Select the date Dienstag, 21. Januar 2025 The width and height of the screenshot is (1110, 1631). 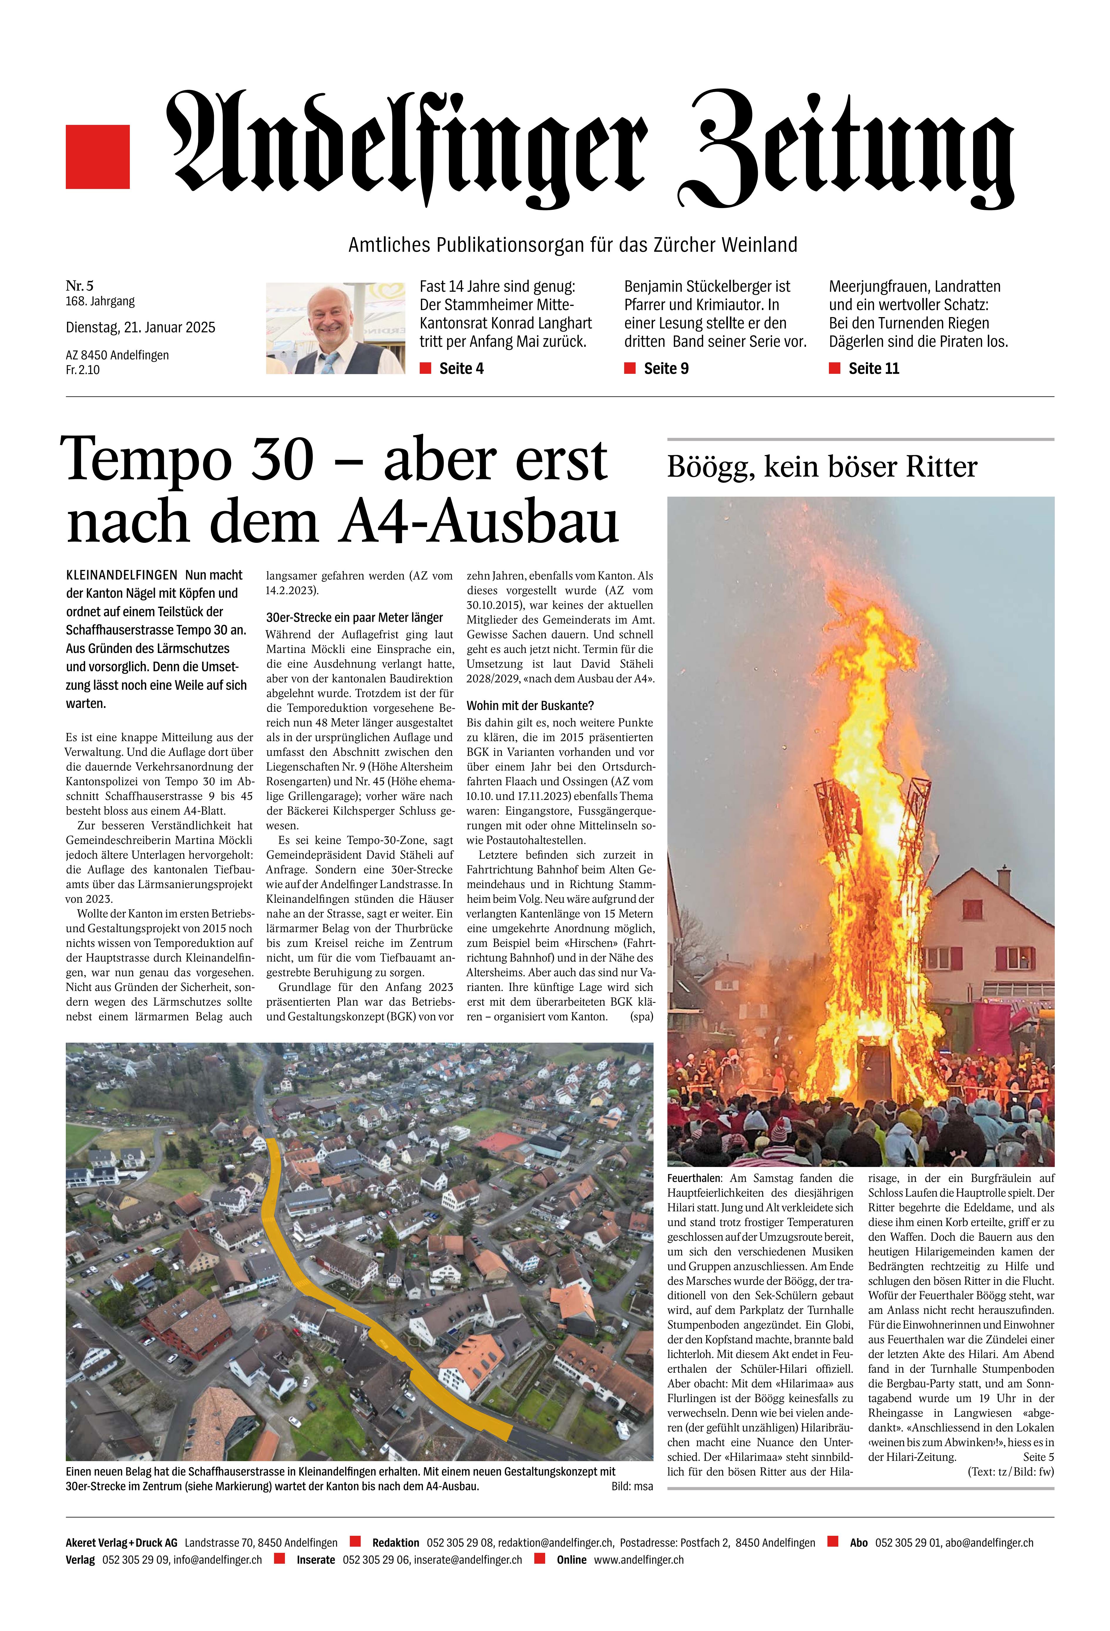pos(140,327)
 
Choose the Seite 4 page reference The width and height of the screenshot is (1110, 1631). pos(460,369)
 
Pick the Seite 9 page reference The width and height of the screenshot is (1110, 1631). pos(665,369)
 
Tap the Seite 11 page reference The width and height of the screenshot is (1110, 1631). pos(873,369)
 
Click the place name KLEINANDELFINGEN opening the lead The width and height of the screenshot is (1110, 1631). pos(121,575)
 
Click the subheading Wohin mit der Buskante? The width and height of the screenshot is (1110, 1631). pos(530,705)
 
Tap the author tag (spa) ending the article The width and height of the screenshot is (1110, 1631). pos(641,1016)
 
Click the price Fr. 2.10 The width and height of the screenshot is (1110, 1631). pos(83,370)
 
